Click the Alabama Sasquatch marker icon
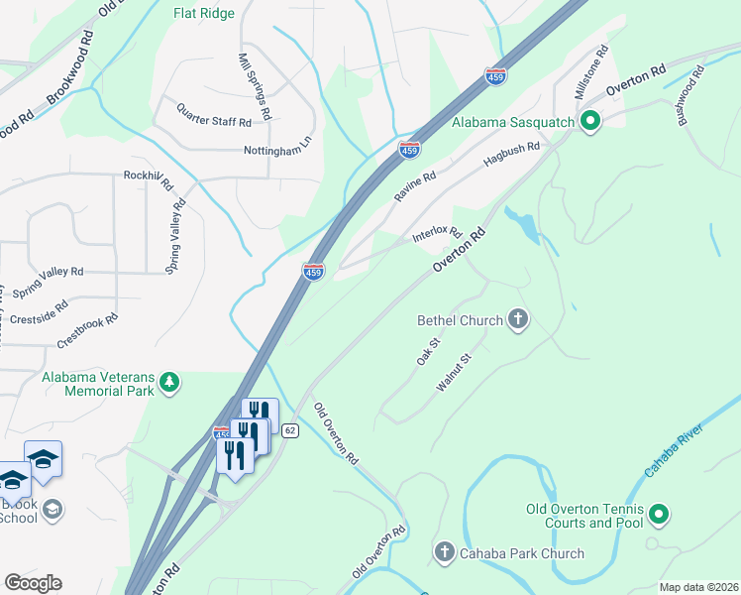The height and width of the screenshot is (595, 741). (591, 123)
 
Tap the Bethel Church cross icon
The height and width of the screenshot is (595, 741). (517, 319)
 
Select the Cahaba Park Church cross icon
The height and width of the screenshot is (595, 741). (444, 552)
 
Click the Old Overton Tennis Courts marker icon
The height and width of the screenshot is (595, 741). (659, 514)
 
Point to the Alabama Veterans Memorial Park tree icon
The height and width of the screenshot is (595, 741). (169, 383)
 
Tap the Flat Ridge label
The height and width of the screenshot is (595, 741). (203, 14)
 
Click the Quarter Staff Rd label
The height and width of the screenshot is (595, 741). (214, 114)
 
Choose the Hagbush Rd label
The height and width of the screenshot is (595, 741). (510, 158)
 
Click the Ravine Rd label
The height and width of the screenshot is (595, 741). (415, 187)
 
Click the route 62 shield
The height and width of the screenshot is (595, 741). (289, 430)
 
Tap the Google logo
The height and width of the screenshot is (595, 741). (33, 583)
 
